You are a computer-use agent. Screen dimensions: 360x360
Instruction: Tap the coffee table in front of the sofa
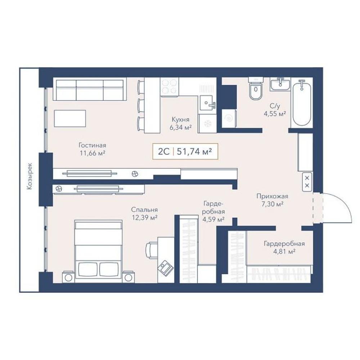70,118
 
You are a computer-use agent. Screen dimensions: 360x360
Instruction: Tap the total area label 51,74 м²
194,151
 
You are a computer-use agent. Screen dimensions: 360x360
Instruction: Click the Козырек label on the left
30,176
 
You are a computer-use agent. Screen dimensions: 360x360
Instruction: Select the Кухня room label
180,120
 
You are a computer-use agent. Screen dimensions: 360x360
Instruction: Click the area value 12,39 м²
144,217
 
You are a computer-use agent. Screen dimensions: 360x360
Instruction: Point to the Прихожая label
272,196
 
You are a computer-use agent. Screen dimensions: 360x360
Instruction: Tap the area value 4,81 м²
284,251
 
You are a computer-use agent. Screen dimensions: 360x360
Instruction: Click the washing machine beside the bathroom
229,118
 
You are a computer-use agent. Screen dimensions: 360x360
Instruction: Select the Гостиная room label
92,145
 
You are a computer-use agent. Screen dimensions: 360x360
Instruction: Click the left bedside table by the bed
68,277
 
